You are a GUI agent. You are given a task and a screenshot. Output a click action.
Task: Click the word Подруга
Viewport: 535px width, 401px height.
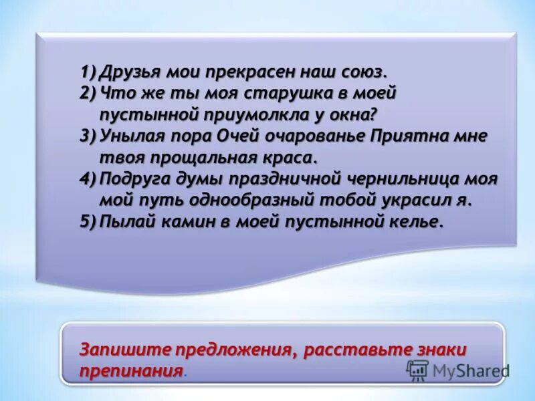(133, 179)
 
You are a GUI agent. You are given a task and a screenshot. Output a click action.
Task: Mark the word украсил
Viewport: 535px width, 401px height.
(422, 200)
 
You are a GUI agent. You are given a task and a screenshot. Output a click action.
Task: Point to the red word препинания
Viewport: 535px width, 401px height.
(130, 371)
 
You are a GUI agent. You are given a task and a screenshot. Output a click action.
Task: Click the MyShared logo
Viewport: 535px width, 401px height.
(457, 371)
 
